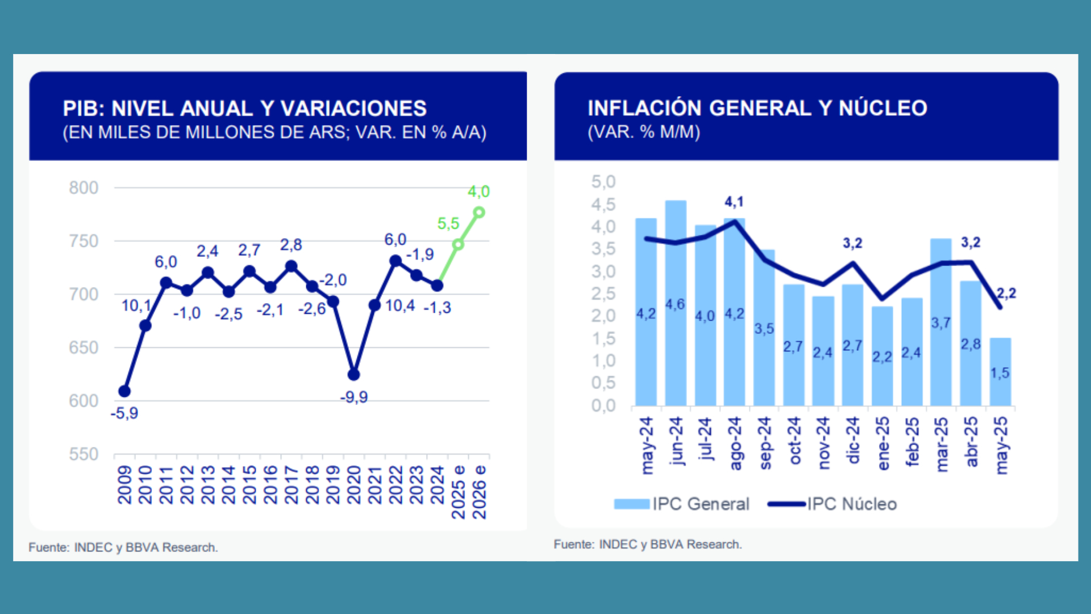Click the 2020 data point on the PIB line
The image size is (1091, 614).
point(353,374)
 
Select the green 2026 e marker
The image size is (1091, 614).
point(479,213)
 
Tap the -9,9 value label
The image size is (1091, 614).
point(354,397)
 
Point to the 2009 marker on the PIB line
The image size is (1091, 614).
point(124,391)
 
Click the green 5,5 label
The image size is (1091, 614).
point(448,223)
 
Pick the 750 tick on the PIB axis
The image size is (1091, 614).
point(84,241)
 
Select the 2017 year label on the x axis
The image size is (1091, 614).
point(291,485)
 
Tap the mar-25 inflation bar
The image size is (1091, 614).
point(941,322)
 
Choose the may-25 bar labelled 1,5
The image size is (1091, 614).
point(1000,372)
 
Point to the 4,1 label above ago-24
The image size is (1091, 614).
point(734,202)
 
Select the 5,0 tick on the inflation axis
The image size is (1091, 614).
point(603,182)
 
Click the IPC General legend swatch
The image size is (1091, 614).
point(631,504)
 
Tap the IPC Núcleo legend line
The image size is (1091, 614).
point(786,504)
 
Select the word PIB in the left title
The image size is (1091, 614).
point(82,108)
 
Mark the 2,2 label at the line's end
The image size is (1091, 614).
point(1006,293)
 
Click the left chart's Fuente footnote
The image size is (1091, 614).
point(123,547)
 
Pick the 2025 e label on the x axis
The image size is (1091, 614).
point(458,492)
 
